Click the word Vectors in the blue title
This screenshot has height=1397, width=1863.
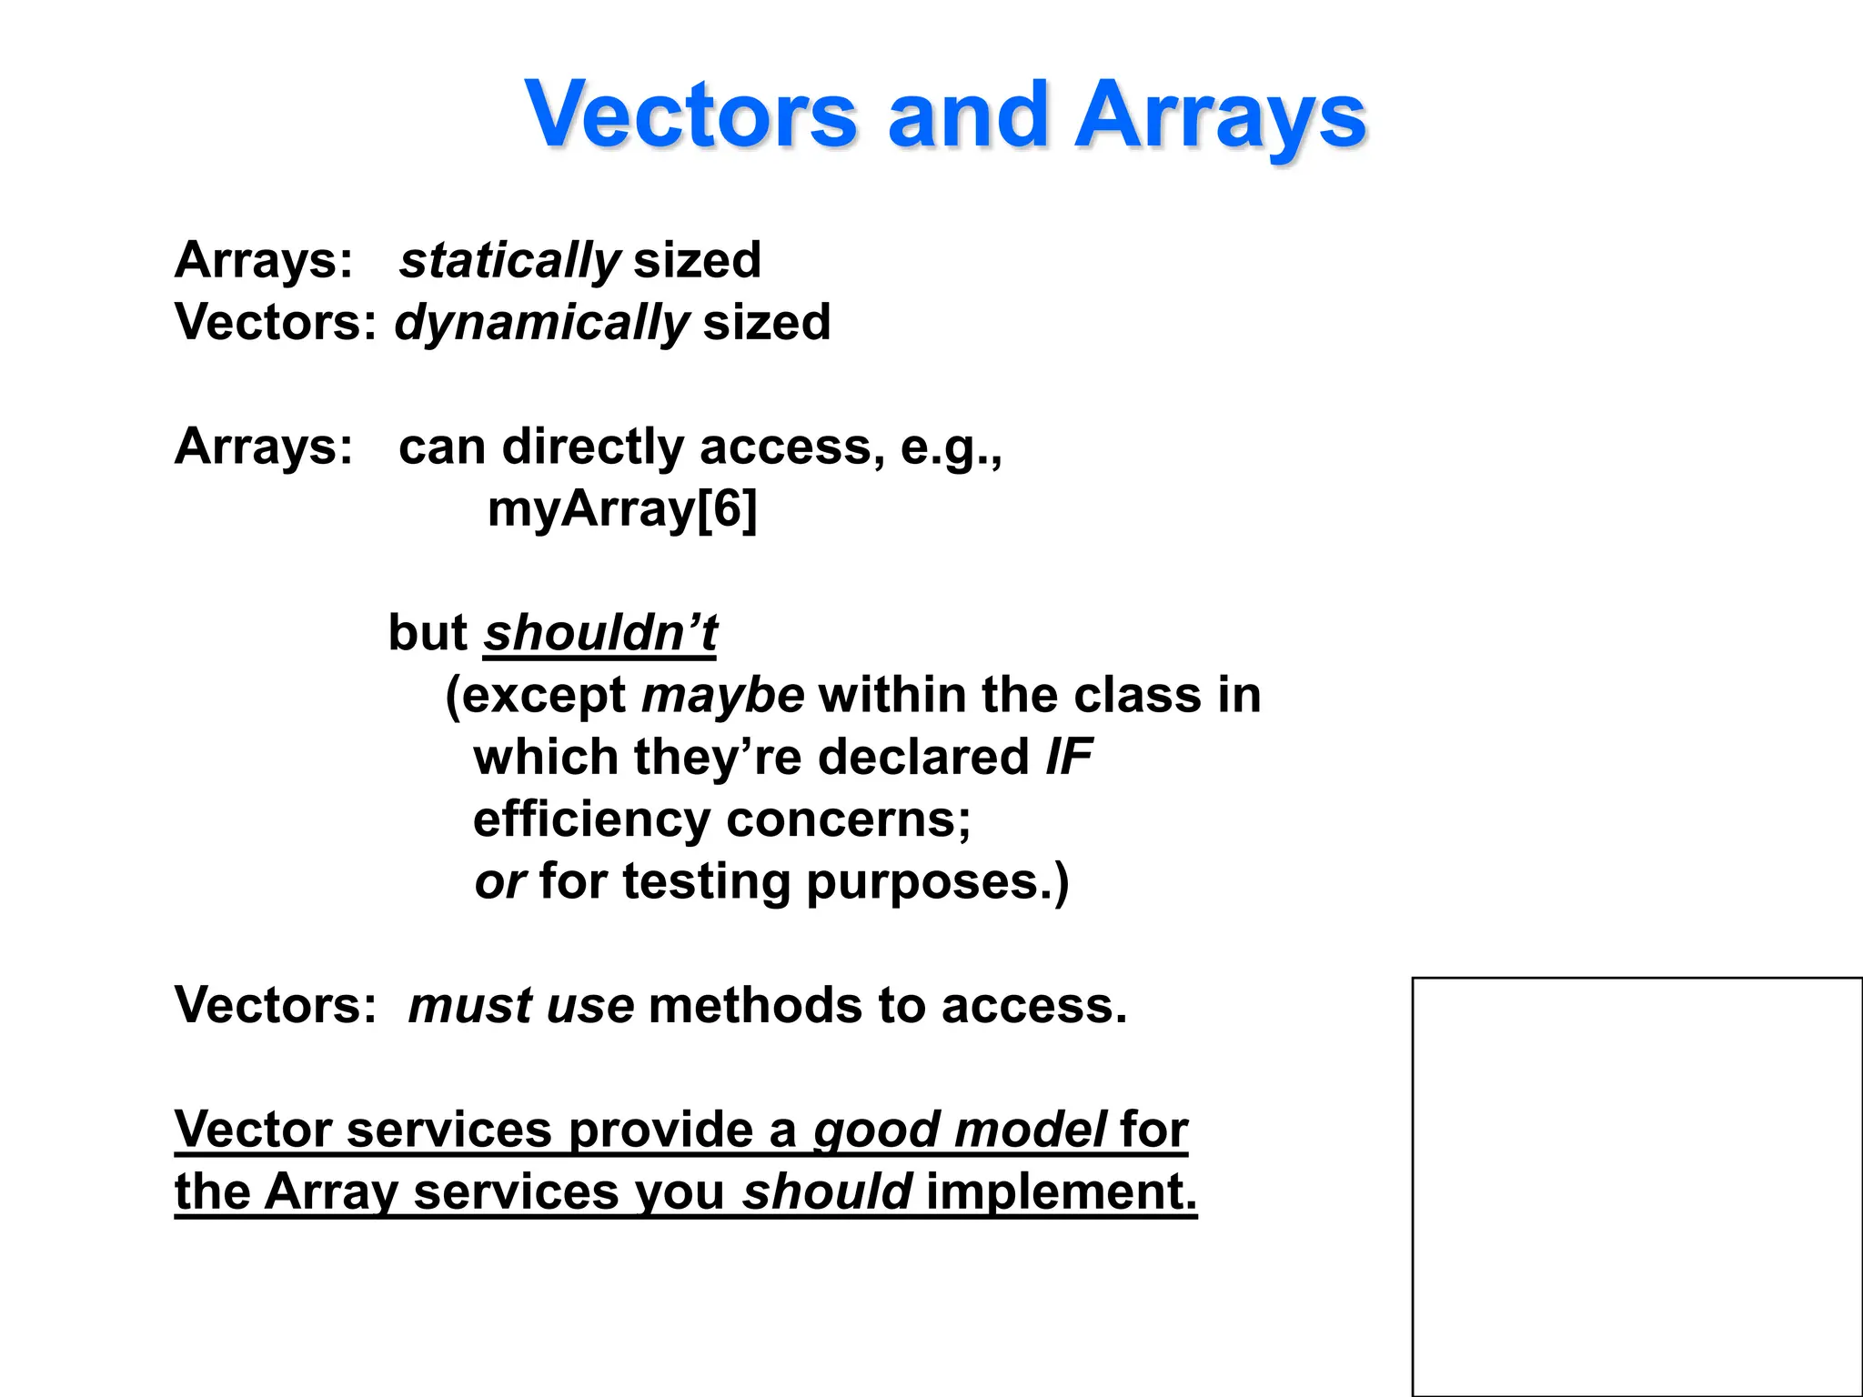[x=691, y=116]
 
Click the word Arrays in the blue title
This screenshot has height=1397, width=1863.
[x=1220, y=116]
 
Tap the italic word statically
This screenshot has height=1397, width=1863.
[x=509, y=260]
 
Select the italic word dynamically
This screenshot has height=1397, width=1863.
[x=542, y=323]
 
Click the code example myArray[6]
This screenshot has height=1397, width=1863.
[x=622, y=508]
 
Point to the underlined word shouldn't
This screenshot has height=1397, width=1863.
[x=600, y=632]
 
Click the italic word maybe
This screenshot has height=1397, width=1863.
[x=723, y=696]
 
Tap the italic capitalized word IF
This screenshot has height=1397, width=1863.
[x=1069, y=757]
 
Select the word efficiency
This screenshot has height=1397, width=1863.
[x=591, y=819]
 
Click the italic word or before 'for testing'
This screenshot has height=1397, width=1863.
[x=500, y=882]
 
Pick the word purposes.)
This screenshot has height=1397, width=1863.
[x=937, y=882]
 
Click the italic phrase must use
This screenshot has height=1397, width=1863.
[x=521, y=1006]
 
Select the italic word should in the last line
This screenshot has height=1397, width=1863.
[x=827, y=1191]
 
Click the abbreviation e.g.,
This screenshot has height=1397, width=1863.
[x=951, y=447]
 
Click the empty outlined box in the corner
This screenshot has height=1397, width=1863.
[x=1636, y=1186]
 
